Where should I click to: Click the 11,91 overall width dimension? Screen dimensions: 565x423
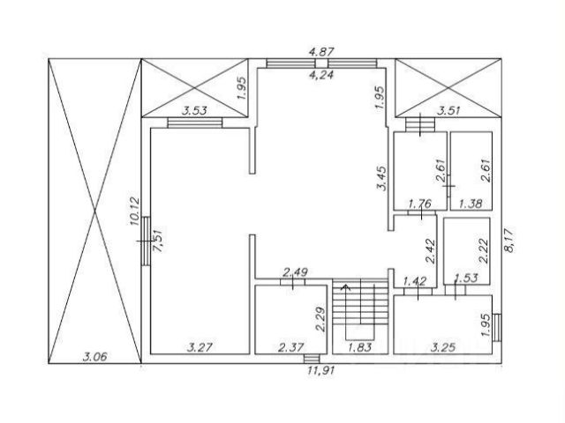click(x=320, y=370)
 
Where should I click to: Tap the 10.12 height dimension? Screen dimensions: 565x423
click(x=134, y=211)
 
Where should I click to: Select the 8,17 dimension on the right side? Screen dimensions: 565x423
click(x=509, y=241)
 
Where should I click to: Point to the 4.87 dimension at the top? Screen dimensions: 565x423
click(x=321, y=51)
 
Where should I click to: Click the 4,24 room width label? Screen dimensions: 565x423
click(x=321, y=74)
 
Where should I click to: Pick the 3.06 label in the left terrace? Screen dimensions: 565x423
click(x=94, y=357)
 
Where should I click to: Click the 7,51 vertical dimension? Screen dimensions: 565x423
click(x=158, y=241)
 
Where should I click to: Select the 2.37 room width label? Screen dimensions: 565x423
click(x=291, y=347)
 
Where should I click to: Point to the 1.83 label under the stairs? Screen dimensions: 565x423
click(x=360, y=347)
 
